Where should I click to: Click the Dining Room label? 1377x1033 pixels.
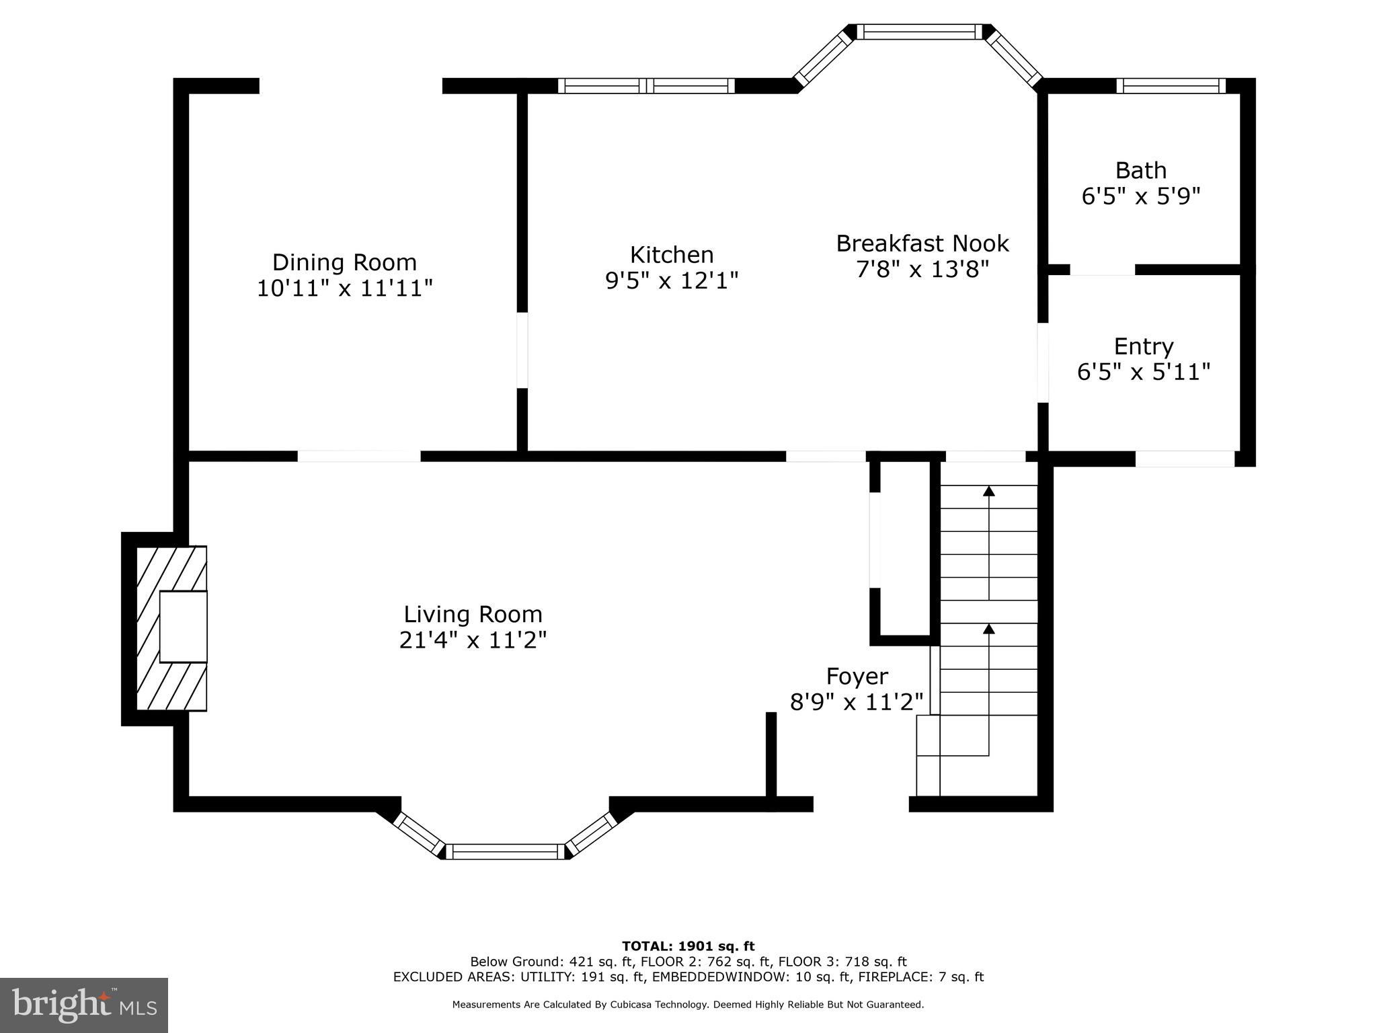pyautogui.click(x=344, y=262)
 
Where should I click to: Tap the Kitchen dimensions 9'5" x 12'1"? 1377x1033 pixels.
pyautogui.click(x=672, y=280)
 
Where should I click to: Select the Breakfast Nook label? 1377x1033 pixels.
pyautogui.click(x=922, y=243)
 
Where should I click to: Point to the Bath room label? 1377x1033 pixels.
pyautogui.click(x=1140, y=171)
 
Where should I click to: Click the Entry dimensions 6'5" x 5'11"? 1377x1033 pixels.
pyautogui.click(x=1143, y=372)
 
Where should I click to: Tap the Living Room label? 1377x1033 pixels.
pyautogui.click(x=473, y=615)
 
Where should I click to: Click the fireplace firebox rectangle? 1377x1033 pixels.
pyautogui.click(x=183, y=627)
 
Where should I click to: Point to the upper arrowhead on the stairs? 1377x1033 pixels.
pyautogui.click(x=988, y=491)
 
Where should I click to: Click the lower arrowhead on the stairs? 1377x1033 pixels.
pyautogui.click(x=988, y=629)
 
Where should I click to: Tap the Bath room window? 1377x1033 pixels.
pyautogui.click(x=1171, y=86)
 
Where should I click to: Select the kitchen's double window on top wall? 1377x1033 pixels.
pyautogui.click(x=645, y=86)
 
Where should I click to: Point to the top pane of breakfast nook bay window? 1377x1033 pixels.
pyautogui.click(x=919, y=32)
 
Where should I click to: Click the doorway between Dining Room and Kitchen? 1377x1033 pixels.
pyautogui.click(x=522, y=350)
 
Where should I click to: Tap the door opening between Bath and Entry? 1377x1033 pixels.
pyautogui.click(x=1102, y=270)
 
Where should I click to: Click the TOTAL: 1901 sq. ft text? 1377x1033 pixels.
pyautogui.click(x=688, y=946)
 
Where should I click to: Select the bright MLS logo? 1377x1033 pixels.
pyautogui.click(x=83, y=1005)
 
